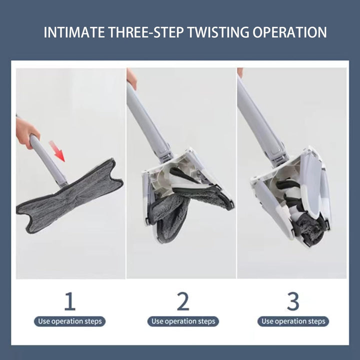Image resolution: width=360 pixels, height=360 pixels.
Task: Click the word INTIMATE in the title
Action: (74, 32)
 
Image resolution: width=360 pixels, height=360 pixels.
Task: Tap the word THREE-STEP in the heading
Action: (146, 32)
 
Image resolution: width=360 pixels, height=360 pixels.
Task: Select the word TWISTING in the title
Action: (218, 32)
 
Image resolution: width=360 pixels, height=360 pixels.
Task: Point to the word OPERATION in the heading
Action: (289, 32)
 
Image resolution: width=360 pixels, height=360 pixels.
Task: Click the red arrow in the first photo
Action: (57, 151)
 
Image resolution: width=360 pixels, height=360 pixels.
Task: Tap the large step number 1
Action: (70, 301)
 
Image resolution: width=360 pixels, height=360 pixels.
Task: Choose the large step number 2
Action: (183, 301)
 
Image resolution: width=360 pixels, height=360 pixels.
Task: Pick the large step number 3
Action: (293, 301)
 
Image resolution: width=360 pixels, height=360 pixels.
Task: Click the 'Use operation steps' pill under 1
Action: (70, 321)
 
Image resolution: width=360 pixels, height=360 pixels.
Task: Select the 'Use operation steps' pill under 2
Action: (183, 321)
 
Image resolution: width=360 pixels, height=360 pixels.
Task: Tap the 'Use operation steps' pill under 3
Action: (293, 321)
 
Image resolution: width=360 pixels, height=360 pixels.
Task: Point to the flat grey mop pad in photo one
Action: (69, 197)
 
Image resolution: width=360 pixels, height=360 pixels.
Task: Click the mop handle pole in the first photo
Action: (48, 160)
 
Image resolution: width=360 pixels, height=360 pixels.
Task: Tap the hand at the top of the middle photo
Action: (131, 78)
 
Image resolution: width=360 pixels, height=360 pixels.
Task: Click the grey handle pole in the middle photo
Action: (148, 121)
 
